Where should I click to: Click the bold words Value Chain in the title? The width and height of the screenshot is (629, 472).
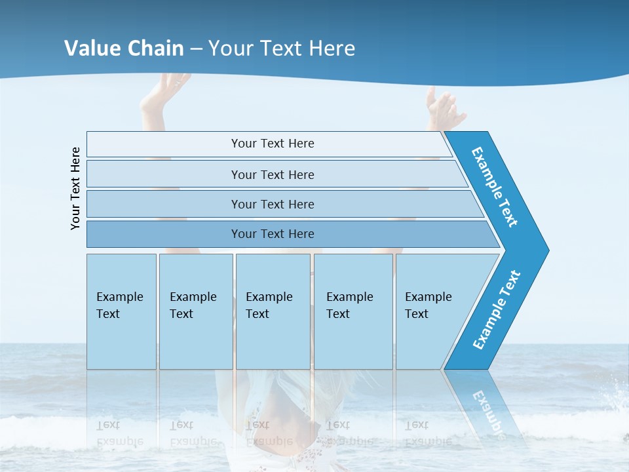click(x=124, y=49)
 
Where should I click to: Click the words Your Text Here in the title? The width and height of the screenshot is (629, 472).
click(x=282, y=49)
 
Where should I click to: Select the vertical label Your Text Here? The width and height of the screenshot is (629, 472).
click(x=75, y=188)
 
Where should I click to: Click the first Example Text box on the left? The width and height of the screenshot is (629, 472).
click(x=121, y=311)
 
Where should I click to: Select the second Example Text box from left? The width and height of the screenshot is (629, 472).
click(x=195, y=311)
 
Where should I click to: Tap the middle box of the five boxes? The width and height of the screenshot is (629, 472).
click(x=273, y=311)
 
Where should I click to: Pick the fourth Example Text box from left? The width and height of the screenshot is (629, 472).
click(x=353, y=311)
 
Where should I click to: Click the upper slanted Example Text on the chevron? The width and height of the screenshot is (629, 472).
click(x=495, y=187)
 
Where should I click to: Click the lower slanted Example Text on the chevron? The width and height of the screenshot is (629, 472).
click(x=497, y=310)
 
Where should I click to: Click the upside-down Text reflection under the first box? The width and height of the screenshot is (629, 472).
click(x=108, y=425)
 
